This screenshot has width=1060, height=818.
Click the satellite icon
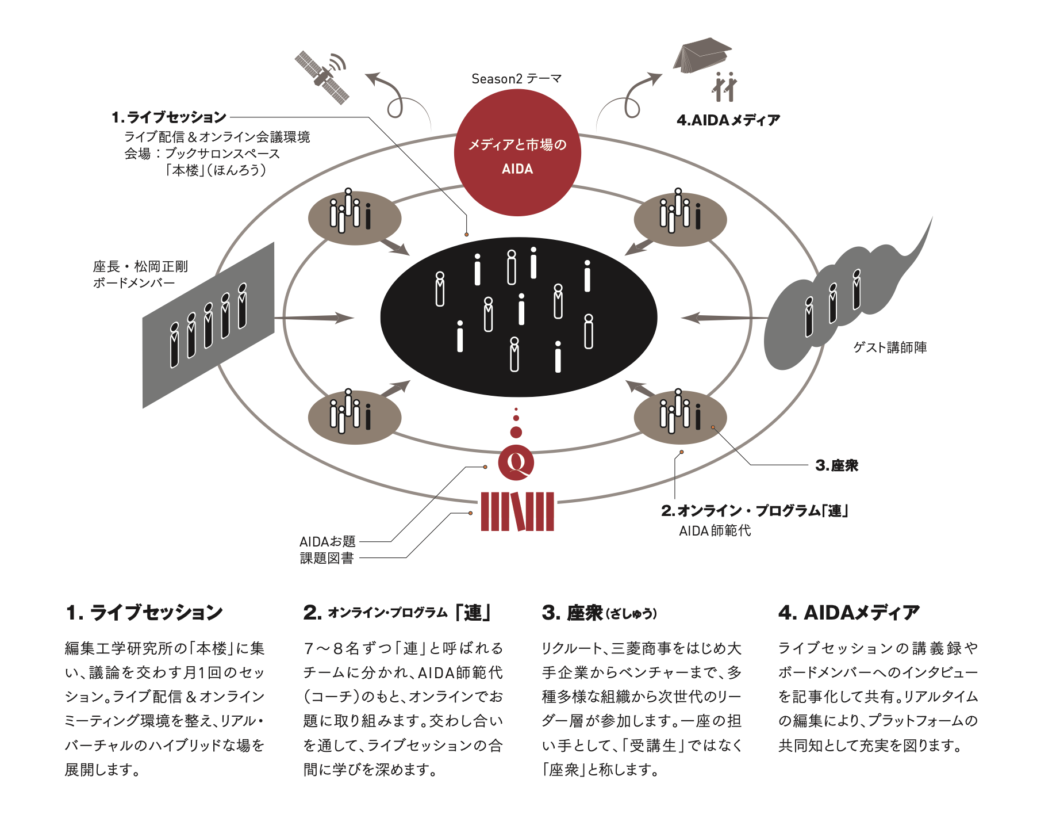(x=322, y=77)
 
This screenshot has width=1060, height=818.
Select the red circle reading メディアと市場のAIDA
(x=517, y=153)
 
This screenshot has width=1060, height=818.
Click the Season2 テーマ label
(x=516, y=79)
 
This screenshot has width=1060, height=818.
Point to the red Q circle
(x=516, y=462)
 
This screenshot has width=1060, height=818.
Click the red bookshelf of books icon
(x=517, y=511)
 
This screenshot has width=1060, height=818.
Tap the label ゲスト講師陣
(x=890, y=347)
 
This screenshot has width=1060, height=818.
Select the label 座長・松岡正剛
(x=140, y=266)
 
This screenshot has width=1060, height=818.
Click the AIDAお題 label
(x=328, y=541)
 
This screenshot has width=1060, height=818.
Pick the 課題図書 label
(x=327, y=558)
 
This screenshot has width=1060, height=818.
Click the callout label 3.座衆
(x=836, y=465)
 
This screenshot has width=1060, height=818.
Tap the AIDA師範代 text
(x=715, y=530)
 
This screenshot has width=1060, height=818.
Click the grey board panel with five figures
(x=208, y=325)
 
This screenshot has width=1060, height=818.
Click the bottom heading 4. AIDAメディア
(x=848, y=613)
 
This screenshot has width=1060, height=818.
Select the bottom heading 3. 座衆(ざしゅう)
(x=599, y=613)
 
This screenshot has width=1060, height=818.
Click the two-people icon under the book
(x=724, y=87)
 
